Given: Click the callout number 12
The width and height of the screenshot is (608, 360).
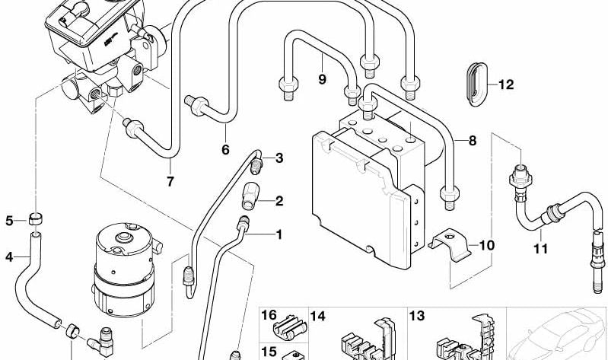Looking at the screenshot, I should click(x=506, y=85).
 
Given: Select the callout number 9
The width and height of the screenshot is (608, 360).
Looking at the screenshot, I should click(x=321, y=78).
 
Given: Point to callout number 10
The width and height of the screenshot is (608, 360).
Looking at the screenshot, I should click(x=486, y=246).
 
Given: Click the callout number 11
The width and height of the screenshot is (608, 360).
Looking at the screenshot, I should click(x=540, y=249).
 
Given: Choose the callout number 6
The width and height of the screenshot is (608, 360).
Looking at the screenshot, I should click(x=225, y=149).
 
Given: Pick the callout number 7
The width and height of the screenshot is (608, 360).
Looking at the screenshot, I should click(x=170, y=181).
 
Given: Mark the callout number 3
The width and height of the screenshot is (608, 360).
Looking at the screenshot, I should click(x=279, y=158).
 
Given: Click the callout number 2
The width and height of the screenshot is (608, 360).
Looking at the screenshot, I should click(x=279, y=202).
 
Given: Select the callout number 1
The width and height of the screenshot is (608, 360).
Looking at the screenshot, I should click(x=279, y=234).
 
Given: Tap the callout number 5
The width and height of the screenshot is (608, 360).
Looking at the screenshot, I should click(x=10, y=221).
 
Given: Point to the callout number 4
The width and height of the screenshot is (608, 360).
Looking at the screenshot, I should click(x=10, y=256).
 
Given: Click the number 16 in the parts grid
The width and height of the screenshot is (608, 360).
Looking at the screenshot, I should click(x=269, y=315).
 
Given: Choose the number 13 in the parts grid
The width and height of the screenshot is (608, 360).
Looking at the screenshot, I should click(x=417, y=315).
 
